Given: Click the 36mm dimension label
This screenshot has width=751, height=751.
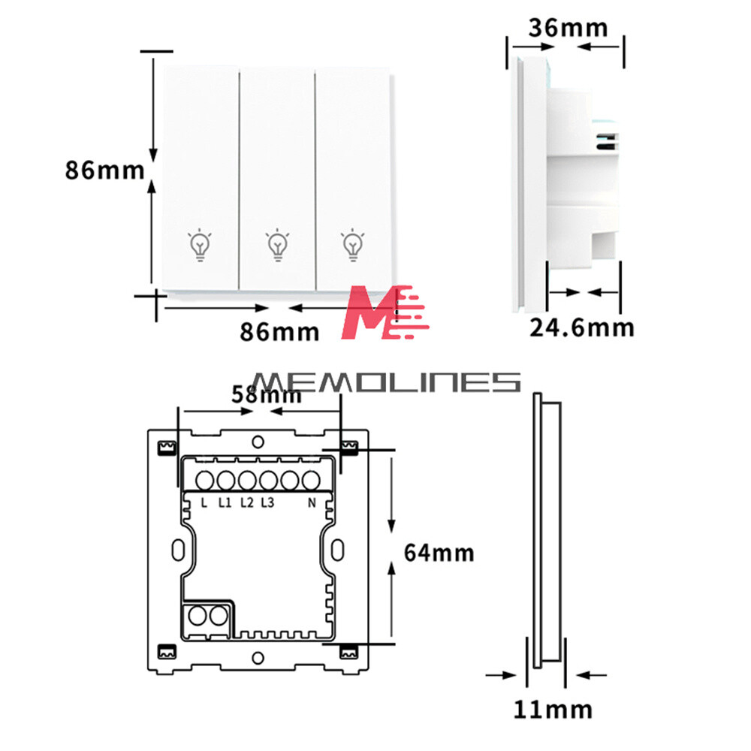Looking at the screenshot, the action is click(568, 28).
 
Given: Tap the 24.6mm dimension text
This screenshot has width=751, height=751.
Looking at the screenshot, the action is click(582, 328).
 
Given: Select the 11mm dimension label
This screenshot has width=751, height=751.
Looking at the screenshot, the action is click(553, 710).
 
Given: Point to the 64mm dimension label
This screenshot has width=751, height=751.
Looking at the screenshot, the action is click(439, 553).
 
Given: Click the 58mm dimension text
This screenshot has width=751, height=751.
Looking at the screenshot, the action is click(267, 395).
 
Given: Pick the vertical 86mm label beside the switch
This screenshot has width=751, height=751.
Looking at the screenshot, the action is click(105, 170).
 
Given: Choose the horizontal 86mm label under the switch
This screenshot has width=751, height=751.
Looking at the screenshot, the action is click(279, 332).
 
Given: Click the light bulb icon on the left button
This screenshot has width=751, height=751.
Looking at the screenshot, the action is click(201, 245).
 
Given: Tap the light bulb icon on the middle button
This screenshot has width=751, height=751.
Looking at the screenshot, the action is click(278, 245).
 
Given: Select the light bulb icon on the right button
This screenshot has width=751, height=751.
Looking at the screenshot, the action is click(353, 245).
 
